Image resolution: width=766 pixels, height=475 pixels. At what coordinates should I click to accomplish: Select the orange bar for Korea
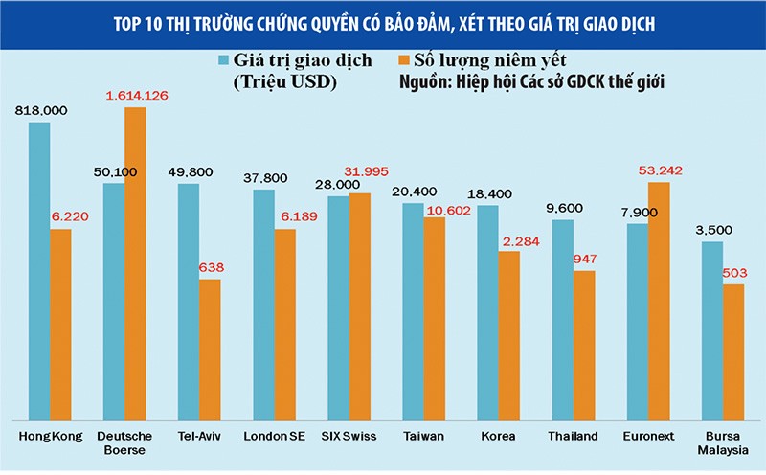point(508,335)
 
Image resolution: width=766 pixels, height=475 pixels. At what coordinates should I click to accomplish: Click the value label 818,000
point(40,111)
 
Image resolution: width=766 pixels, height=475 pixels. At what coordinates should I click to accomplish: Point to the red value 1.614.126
point(136,96)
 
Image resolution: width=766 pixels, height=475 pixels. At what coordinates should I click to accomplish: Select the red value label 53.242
point(659,170)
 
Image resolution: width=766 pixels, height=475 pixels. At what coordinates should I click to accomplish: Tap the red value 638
point(210,268)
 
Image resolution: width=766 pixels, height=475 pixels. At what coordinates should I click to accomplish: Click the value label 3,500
point(712,230)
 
